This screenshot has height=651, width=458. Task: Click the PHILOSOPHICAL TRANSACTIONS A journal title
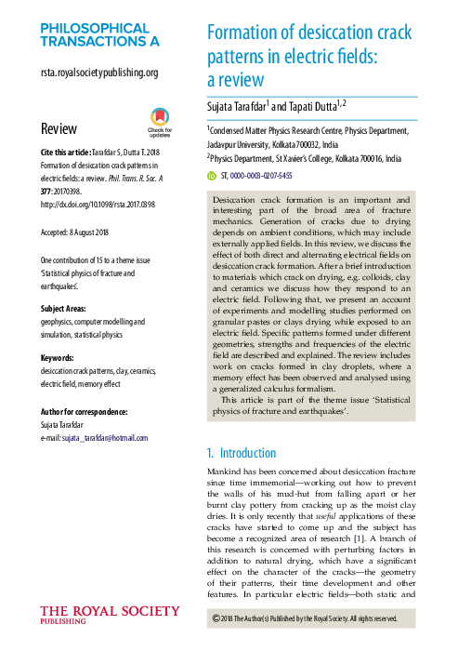(x=99, y=34)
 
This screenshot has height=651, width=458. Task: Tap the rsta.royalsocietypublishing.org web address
(x=99, y=73)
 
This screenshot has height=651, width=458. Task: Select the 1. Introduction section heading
(x=241, y=453)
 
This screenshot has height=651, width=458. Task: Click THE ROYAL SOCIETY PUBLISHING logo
(x=110, y=616)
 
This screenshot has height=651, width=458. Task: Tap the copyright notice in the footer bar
(x=306, y=618)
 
